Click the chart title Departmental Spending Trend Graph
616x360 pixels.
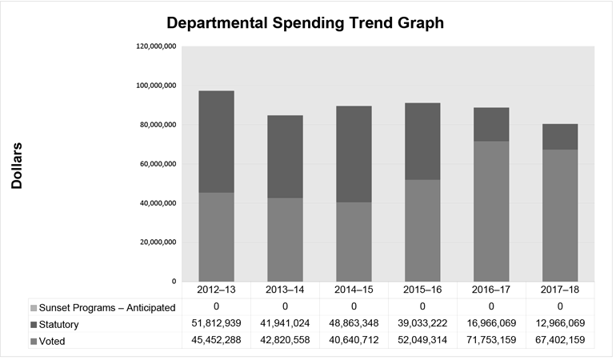[308, 23]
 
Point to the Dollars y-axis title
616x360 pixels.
[18, 166]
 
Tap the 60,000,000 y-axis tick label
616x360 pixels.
[158, 164]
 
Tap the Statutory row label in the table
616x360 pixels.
[65, 325]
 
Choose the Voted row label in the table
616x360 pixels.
[56, 342]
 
